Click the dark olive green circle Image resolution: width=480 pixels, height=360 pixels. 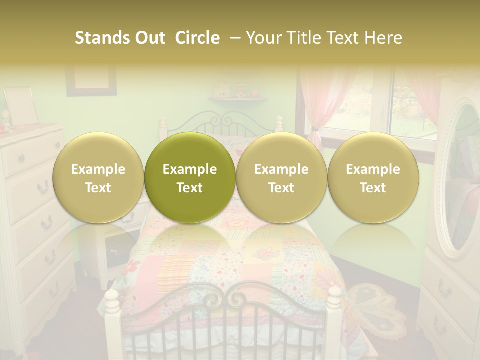pyautogui.click(x=190, y=178)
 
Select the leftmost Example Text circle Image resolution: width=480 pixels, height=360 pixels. pyautogui.click(x=98, y=178)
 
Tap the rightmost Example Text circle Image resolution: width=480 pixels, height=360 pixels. pyautogui.click(x=373, y=178)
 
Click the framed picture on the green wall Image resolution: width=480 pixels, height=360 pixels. pyautogui.click(x=91, y=80)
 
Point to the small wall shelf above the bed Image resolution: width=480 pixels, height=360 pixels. pyautogui.click(x=238, y=99)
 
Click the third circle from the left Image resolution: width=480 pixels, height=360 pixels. pyautogui.click(x=281, y=178)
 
